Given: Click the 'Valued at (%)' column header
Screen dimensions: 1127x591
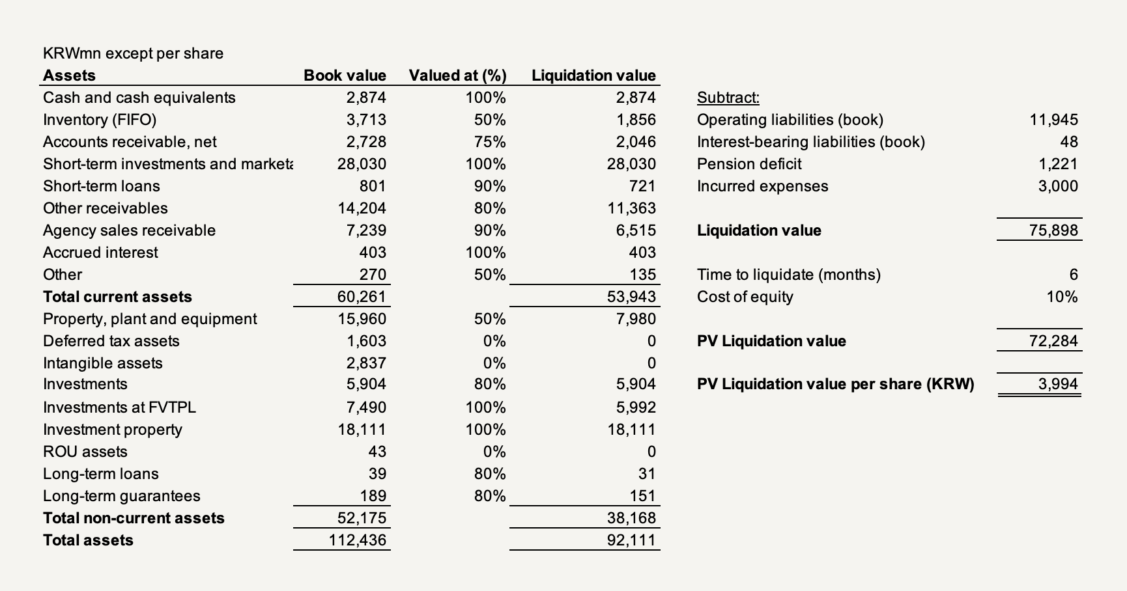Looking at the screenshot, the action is (x=457, y=76).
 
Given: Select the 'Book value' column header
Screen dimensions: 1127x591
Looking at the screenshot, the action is (x=345, y=76).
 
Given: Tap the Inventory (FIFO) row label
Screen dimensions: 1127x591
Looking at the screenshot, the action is (x=100, y=120).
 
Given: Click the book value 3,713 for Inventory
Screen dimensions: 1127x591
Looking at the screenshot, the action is (x=366, y=120).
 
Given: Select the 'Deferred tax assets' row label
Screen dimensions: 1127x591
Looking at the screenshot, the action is (x=111, y=341).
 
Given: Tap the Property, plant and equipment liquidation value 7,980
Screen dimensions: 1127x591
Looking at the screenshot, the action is (x=636, y=319).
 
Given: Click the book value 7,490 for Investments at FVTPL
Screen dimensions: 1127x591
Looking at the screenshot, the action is (x=366, y=407).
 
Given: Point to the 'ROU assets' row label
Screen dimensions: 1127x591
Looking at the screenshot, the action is (x=85, y=452).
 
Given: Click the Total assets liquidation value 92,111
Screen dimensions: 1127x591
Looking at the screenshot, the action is (x=631, y=540).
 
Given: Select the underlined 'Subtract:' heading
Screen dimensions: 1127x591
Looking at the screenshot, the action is (x=728, y=98).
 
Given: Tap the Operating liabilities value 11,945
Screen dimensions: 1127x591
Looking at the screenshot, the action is (x=1054, y=120).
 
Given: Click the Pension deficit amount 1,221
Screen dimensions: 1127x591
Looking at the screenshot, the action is (x=1059, y=164).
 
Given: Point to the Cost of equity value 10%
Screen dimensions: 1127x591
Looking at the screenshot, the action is (x=1063, y=297).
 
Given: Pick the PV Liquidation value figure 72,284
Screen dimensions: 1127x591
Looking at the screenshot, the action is (x=1054, y=341).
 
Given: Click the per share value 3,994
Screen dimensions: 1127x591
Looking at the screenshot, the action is (x=1059, y=384).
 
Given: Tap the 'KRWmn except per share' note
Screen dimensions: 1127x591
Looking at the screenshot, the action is (x=133, y=53).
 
